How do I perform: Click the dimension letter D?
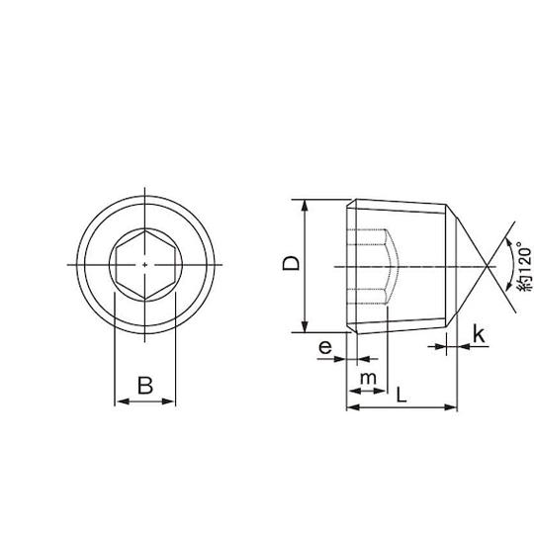point(291,263)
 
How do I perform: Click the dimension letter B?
point(145,386)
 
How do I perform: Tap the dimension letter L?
point(401,395)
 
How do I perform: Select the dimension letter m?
point(368,378)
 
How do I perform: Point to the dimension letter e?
point(325,347)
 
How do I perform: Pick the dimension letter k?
point(479,335)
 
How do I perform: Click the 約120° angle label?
point(524,267)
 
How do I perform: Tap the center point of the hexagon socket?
point(145,265)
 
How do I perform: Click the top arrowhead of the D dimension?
point(306,206)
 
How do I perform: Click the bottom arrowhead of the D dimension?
point(306,326)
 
